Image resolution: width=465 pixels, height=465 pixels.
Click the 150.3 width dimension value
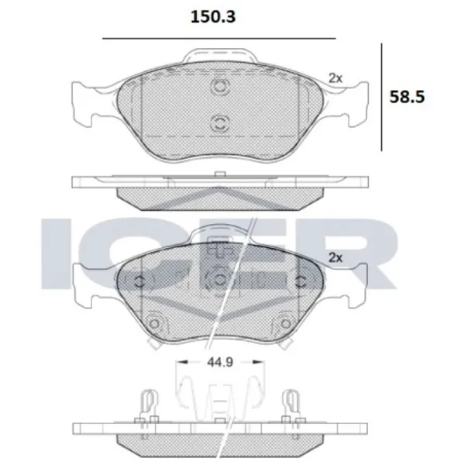213,17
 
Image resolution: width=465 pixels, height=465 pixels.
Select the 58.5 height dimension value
407,97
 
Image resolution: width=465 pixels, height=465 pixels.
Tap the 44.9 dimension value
220,362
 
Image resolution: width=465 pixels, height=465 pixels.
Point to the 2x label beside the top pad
336,78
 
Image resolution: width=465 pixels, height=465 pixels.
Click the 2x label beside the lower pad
336,258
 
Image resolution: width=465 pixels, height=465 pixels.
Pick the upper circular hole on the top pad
220,86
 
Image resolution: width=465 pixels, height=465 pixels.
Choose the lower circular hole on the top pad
220,122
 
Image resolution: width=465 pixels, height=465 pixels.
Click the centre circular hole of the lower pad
220,279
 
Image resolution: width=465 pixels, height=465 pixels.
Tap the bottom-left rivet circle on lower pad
154,323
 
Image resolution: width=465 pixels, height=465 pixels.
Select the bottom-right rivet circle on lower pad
285,323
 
